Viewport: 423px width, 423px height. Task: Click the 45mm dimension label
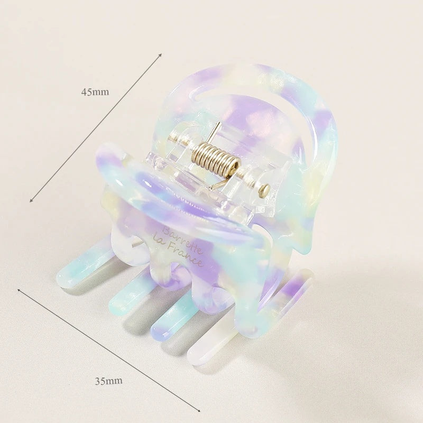coord(95,92)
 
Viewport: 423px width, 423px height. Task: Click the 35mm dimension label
coord(108,381)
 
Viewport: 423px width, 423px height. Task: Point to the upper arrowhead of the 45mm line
coord(160,55)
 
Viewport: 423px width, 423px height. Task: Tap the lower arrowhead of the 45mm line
coord(32,200)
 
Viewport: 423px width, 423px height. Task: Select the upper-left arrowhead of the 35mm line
coord(20,290)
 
